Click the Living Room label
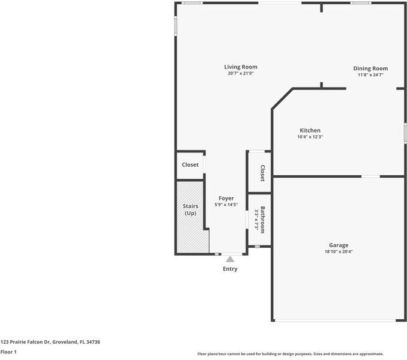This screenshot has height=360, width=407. [241, 67]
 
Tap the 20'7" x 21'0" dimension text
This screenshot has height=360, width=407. [241, 73]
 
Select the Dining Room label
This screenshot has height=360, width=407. [370, 68]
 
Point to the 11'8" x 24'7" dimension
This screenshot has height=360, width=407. [370, 75]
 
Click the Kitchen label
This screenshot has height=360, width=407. [310, 130]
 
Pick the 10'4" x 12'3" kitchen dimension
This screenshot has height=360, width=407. [310, 137]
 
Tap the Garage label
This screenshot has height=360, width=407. [339, 245]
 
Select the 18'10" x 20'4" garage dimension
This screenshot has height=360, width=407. [339, 251]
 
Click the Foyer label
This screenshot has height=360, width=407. [226, 199]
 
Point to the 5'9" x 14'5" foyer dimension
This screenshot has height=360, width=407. [226, 205]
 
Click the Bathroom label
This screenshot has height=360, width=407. [262, 220]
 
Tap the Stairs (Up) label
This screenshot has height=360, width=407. [190, 209]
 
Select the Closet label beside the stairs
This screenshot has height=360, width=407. [190, 164]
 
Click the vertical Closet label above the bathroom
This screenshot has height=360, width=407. [262, 173]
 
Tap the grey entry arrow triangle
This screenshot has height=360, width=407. [230, 259]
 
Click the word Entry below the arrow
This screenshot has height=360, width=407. [230, 269]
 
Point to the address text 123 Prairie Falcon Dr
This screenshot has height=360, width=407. [25, 342]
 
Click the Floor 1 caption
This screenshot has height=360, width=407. [8, 352]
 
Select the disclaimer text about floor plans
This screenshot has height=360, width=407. [290, 354]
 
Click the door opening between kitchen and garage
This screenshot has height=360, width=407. [370, 176]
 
